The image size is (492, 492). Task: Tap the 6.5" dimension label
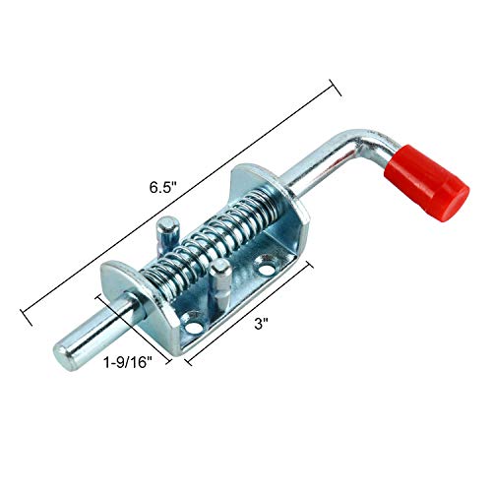[x=163, y=188]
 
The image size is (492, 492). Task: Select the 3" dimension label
[x=261, y=324]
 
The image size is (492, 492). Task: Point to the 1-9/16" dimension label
[x=128, y=363]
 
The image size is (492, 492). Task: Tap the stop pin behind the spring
[x=168, y=236]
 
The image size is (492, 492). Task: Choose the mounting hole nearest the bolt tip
[x=194, y=327]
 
